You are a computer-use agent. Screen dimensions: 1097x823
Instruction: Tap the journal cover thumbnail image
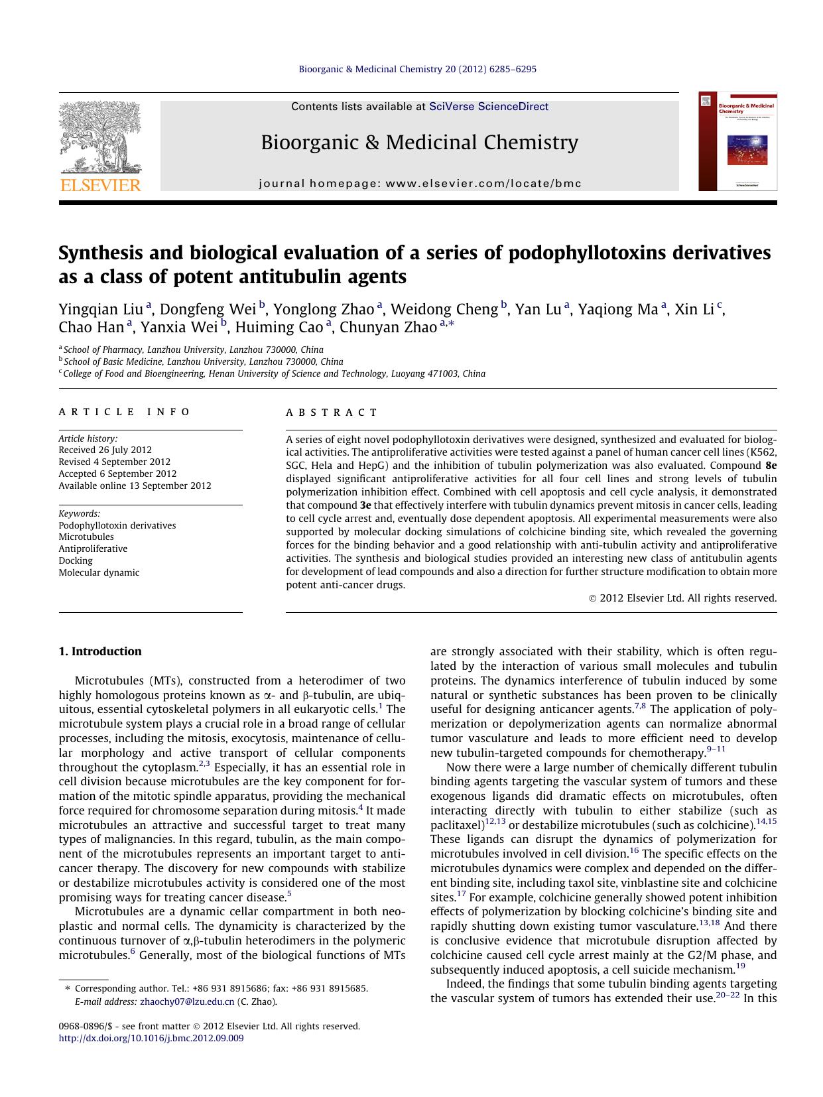[737, 141]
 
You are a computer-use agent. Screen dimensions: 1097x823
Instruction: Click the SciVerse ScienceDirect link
[489, 106]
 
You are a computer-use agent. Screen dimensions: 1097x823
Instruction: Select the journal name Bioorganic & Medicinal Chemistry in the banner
[419, 143]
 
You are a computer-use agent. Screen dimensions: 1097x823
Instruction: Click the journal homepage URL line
[419, 184]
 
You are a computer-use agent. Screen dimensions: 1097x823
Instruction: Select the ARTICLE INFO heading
[125, 412]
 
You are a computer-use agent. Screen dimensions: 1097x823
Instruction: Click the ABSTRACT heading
[332, 413]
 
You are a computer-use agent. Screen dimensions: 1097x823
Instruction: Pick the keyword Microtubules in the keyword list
[86, 537]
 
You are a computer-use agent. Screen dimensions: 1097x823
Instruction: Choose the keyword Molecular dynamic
[99, 572]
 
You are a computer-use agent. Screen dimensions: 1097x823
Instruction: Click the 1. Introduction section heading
[100, 651]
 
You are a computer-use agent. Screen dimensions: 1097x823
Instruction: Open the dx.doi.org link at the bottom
[151, 1038]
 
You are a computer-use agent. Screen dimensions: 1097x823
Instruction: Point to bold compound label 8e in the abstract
[770, 466]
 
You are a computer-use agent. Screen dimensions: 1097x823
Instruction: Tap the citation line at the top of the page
[418, 69]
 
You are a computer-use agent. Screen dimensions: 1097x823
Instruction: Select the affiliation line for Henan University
[274, 373]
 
